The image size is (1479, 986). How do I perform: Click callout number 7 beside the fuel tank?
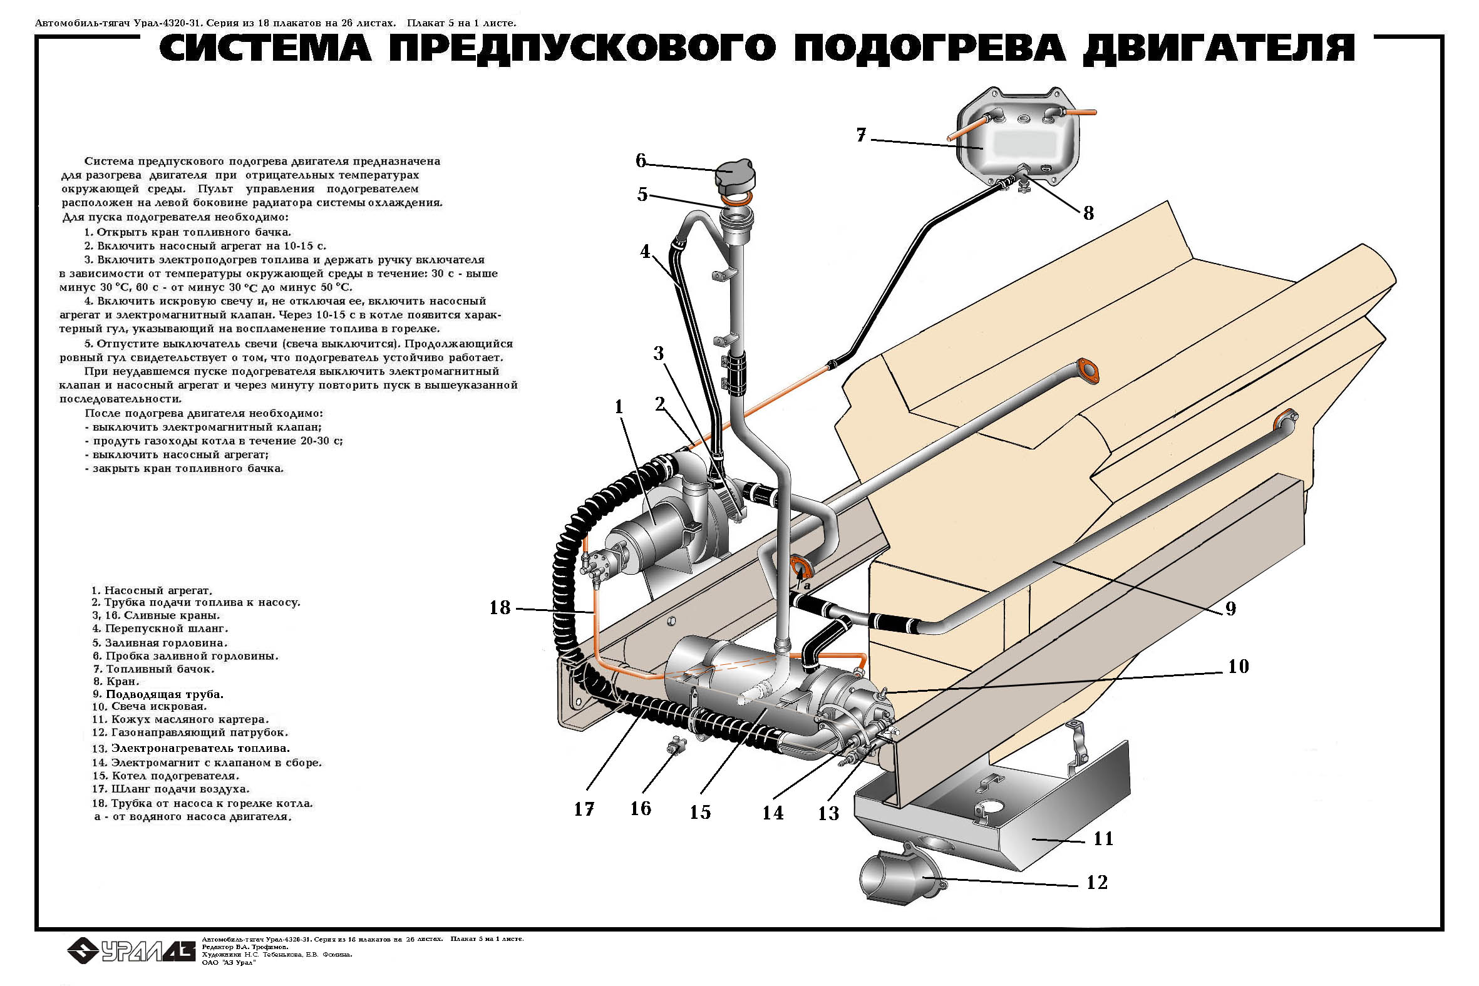pyautogui.click(x=861, y=135)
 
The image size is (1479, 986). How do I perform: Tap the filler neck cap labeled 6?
pyautogui.click(x=735, y=176)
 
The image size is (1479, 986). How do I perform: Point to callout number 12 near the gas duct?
pyautogui.click(x=1096, y=883)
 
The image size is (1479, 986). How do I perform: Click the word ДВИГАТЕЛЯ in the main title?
pyautogui.click(x=1218, y=49)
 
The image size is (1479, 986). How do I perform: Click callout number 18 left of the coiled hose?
pyautogui.click(x=500, y=608)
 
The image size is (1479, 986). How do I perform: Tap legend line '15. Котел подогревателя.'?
pyautogui.click(x=165, y=776)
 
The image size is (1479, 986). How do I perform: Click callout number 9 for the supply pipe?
pyautogui.click(x=1230, y=609)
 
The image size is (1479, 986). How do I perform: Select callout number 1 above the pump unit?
pyautogui.click(x=619, y=408)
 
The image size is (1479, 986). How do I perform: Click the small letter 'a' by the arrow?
pyautogui.click(x=807, y=585)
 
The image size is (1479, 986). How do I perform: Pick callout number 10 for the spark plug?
pyautogui.click(x=1237, y=667)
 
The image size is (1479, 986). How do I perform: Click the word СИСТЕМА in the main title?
pyautogui.click(x=265, y=49)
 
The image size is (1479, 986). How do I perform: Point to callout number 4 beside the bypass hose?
pyautogui.click(x=645, y=252)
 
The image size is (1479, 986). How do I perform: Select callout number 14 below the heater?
pyautogui.click(x=773, y=813)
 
